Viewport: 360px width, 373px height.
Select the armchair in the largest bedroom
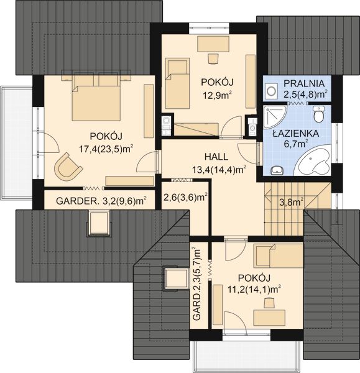click(68, 167)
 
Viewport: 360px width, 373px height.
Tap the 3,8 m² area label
click(290, 201)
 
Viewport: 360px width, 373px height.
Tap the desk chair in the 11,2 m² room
click(269, 303)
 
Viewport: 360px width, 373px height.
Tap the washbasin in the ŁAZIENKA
click(276, 168)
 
